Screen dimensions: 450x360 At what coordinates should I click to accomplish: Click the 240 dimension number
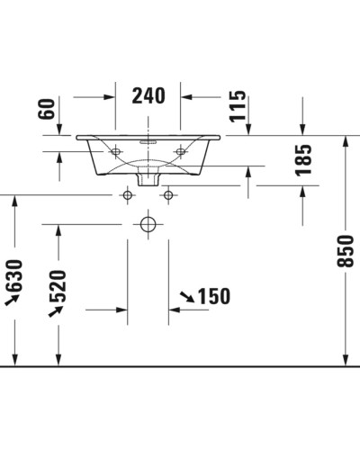[148, 94]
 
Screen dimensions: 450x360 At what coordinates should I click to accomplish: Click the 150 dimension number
[211, 296]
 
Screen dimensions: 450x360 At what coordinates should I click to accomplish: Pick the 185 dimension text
[303, 159]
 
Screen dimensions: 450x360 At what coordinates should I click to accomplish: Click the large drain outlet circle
[148, 224]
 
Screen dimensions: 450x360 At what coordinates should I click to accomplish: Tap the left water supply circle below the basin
[128, 195]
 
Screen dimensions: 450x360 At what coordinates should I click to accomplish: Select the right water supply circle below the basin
[167, 195]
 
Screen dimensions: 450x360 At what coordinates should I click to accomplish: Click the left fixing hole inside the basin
[116, 152]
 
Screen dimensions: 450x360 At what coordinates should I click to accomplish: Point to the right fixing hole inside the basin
[179, 152]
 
